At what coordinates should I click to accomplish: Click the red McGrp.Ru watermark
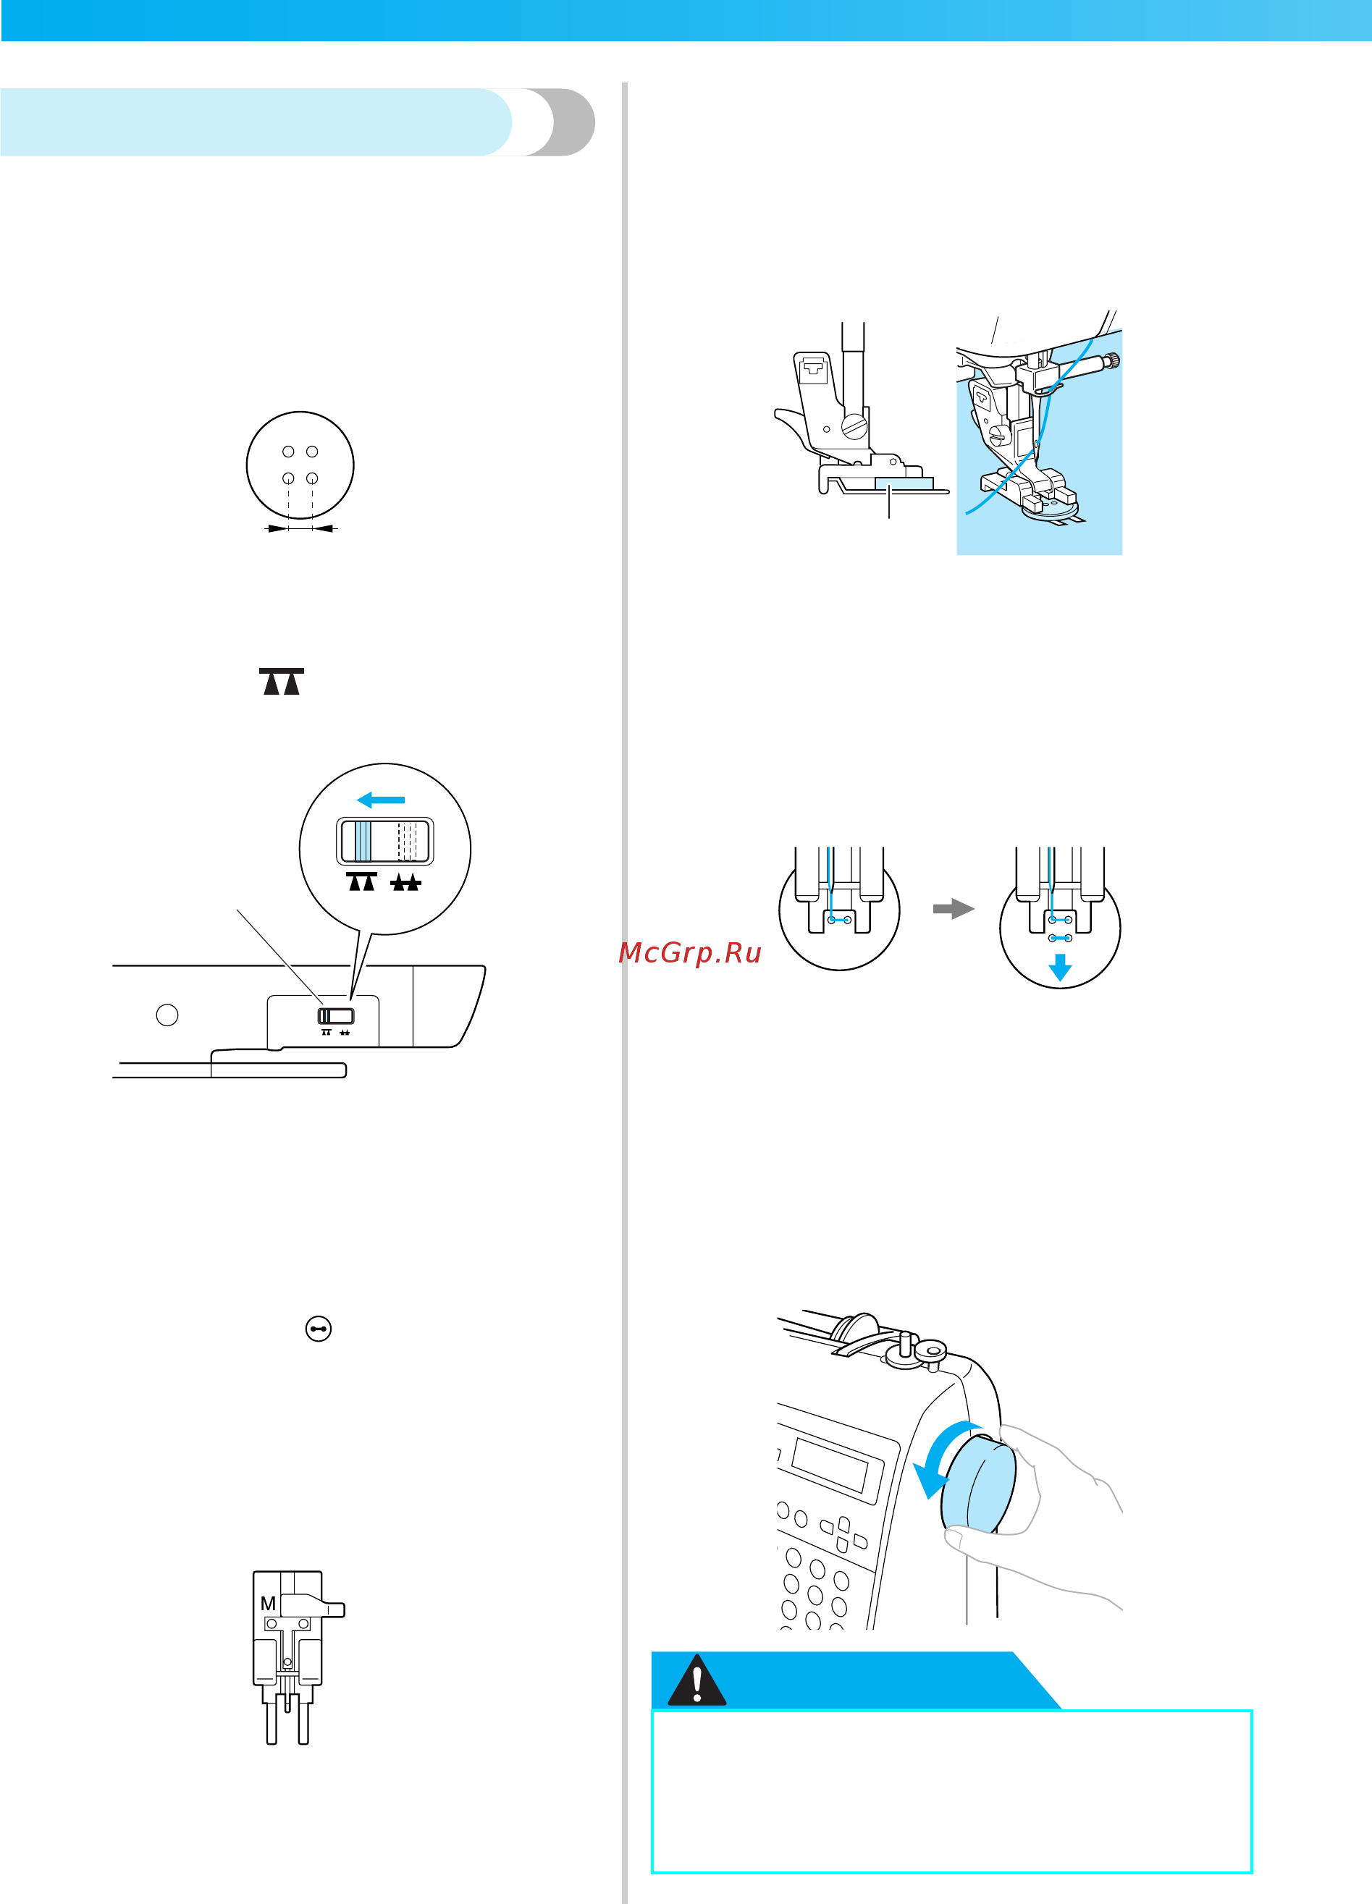tap(689, 953)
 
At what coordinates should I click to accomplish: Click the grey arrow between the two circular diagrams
tap(953, 908)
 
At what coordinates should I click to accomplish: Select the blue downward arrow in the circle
tap(1060, 967)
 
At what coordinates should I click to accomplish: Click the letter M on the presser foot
tap(268, 1604)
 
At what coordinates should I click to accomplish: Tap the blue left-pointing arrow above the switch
tap(382, 799)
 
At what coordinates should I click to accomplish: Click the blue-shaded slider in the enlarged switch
tap(363, 841)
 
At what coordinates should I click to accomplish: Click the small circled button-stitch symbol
tap(319, 1328)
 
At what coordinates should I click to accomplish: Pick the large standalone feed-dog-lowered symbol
tap(282, 682)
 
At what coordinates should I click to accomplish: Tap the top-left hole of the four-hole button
tap(288, 452)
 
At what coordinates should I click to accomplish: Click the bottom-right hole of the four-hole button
tap(312, 478)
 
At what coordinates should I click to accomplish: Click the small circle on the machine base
tap(167, 1015)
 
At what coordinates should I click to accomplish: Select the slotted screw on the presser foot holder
tap(854, 426)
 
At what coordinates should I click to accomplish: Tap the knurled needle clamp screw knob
tap(1114, 361)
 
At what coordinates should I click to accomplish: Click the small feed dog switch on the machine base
tap(336, 1016)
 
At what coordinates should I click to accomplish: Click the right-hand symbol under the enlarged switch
tap(405, 882)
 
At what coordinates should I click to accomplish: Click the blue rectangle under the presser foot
tap(904, 483)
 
